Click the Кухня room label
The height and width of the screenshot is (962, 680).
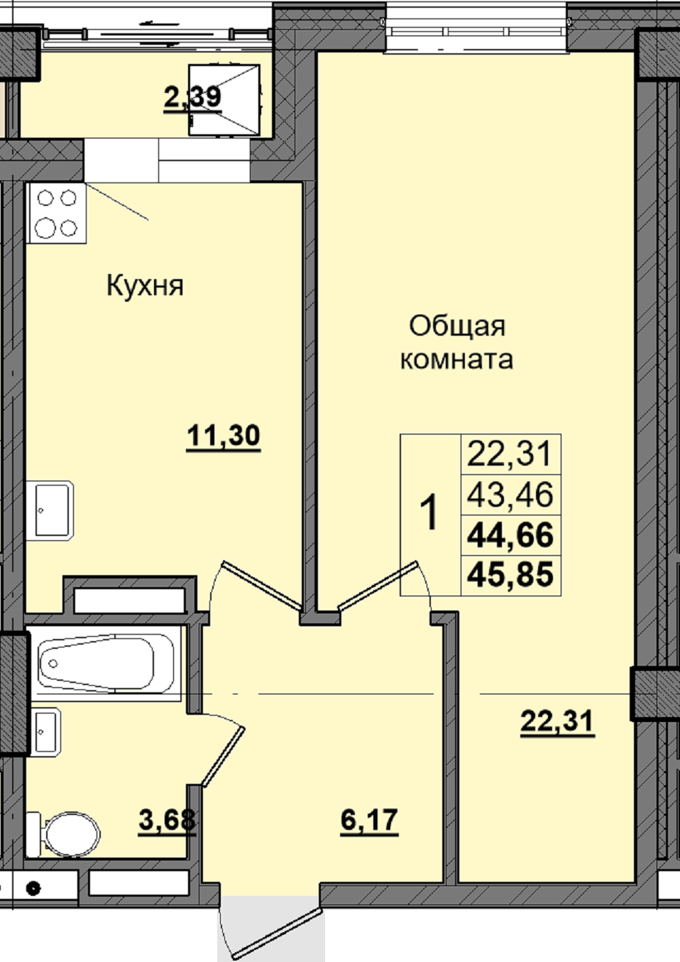pos(145,285)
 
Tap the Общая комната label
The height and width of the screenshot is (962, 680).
pos(457,343)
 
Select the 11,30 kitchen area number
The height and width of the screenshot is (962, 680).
pos(223,436)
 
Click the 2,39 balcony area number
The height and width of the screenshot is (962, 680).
pos(192,97)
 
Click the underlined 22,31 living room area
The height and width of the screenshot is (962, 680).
pos(557,721)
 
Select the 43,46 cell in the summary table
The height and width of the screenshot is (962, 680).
pos(510,495)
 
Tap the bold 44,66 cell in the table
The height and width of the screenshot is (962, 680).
pos(510,535)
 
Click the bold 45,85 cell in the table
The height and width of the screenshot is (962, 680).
pos(510,574)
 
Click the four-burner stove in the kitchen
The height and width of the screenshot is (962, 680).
pos(56,212)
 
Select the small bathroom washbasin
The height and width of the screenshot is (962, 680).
pos(45,731)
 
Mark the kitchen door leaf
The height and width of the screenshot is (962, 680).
pos(261,585)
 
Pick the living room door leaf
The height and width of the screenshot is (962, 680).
pos(378,585)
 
